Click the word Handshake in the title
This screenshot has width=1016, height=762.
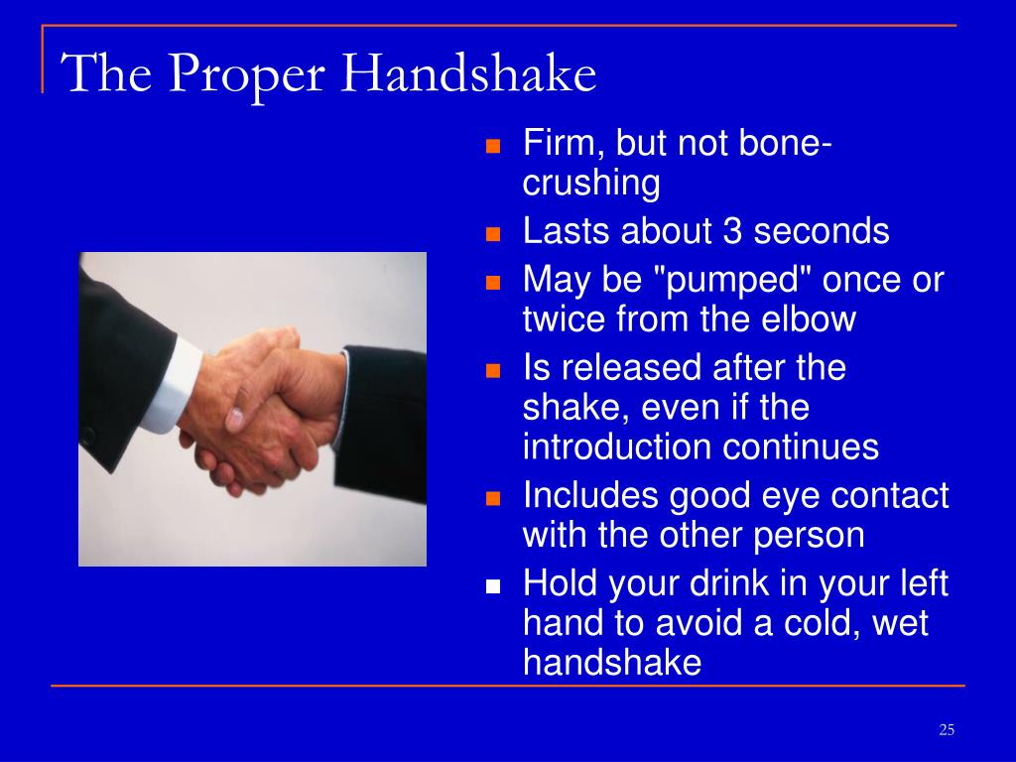point(468,73)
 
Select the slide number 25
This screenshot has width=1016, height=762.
point(947,730)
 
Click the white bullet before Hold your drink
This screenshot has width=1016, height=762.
point(493,586)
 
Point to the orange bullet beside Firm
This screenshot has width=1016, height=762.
point(493,146)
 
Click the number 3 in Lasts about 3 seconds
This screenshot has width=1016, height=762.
point(731,231)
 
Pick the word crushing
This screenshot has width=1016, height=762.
point(591,185)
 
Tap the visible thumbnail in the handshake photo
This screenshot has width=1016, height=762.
point(234,419)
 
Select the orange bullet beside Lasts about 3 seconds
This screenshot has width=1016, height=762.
point(493,234)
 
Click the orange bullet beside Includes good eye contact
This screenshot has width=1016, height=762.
point(493,498)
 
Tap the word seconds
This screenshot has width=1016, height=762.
point(821,231)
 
